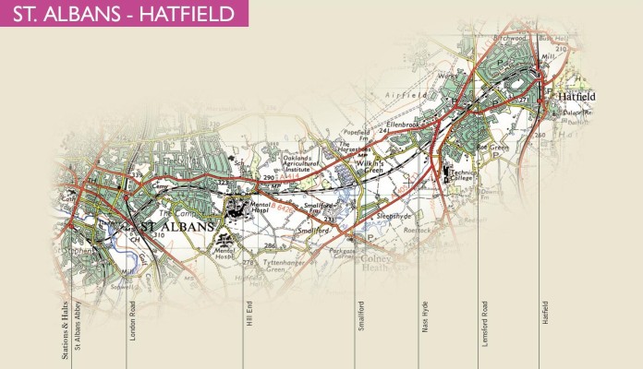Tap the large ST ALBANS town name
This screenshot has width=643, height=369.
176,226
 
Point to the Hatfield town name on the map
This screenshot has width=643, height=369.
576,96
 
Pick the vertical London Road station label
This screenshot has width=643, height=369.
133,323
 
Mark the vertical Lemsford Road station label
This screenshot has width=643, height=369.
484,323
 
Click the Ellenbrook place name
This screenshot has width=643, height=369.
404,123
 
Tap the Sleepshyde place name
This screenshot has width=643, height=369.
399,215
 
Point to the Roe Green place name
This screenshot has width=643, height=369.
473,145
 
